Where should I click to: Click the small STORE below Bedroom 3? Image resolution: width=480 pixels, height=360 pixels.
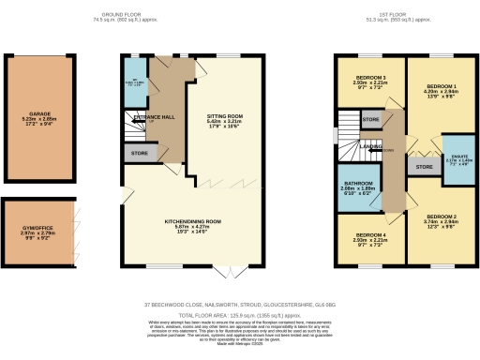pos(371,120)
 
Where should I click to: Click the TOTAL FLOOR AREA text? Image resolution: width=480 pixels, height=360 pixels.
pos(239,316)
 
